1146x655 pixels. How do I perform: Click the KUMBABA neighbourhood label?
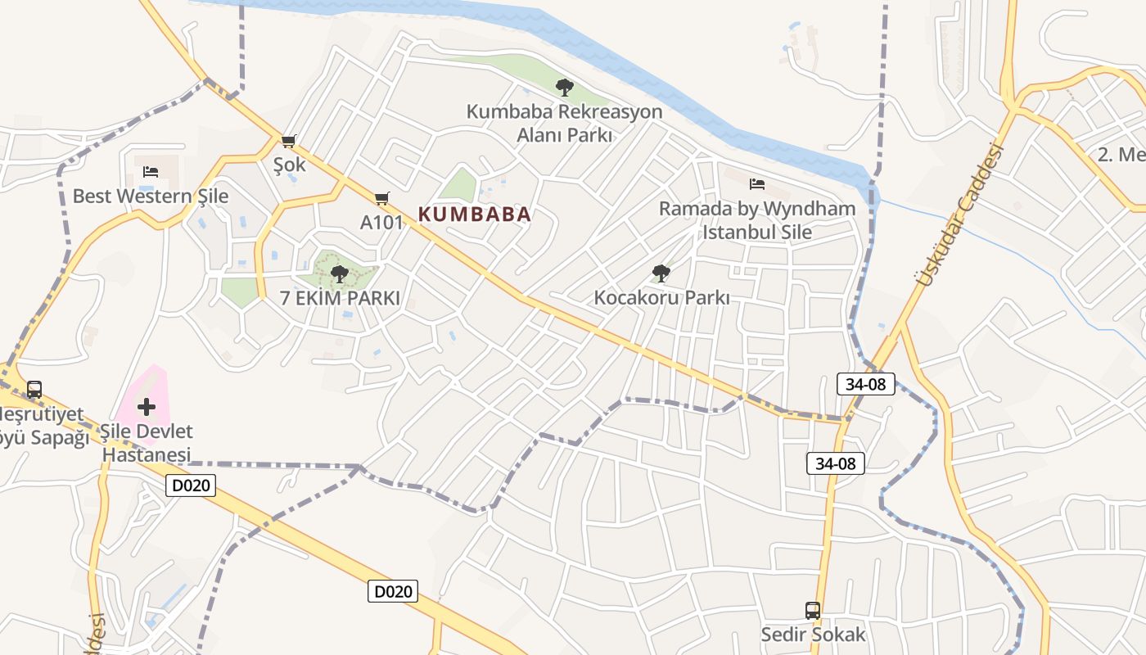(x=475, y=215)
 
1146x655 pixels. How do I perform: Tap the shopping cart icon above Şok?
(x=288, y=141)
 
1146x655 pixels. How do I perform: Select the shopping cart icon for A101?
(x=381, y=198)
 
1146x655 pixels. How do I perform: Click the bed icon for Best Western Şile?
(x=151, y=172)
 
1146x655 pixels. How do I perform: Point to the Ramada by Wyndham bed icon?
(x=757, y=184)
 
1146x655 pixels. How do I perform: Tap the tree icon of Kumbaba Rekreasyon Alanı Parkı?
(x=564, y=87)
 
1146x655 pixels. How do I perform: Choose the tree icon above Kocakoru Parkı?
(x=661, y=273)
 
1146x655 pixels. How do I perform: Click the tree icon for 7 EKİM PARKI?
(x=340, y=274)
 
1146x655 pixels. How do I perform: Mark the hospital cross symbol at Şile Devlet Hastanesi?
(x=147, y=407)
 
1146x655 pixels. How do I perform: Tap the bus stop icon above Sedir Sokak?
(x=813, y=610)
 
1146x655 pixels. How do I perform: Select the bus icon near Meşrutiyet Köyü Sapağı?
(x=34, y=390)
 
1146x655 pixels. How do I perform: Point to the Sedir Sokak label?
(x=813, y=635)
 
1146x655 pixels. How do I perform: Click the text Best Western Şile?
(x=151, y=196)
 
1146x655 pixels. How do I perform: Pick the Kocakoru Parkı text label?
(x=661, y=298)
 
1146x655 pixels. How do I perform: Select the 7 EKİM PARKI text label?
(x=341, y=299)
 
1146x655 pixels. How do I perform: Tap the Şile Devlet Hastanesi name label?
(x=147, y=443)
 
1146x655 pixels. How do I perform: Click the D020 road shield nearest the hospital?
(x=191, y=486)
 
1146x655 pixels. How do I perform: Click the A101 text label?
(x=381, y=222)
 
